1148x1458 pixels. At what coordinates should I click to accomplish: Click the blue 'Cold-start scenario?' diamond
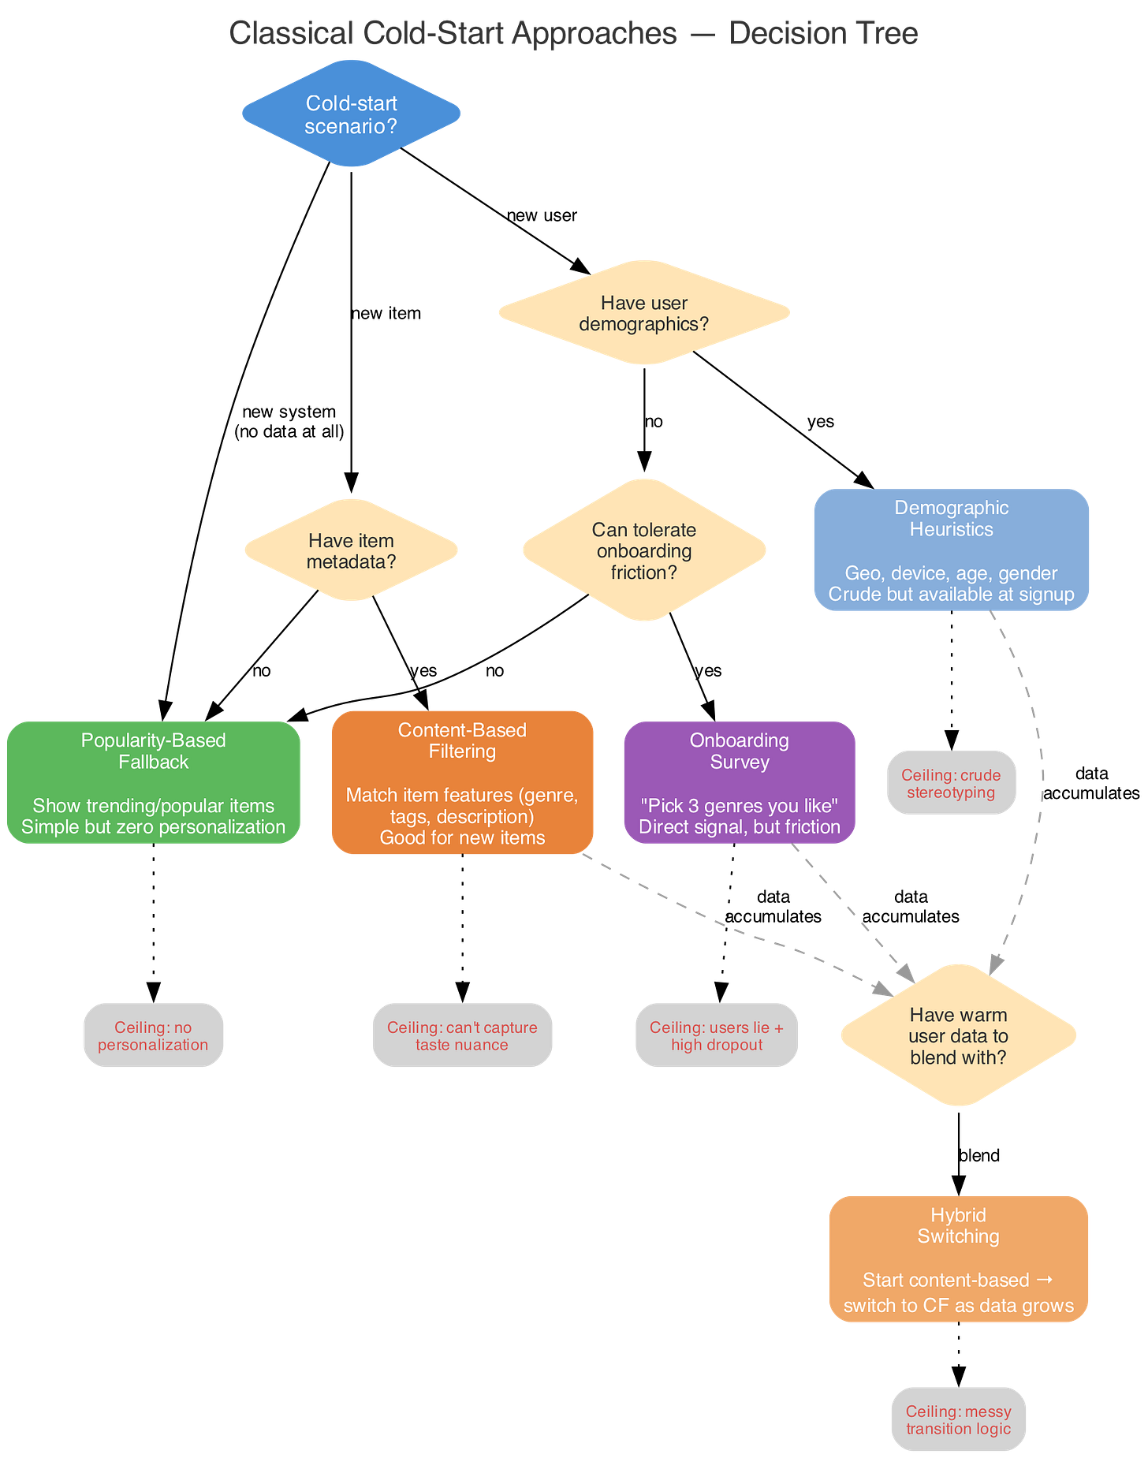pyautogui.click(x=351, y=114)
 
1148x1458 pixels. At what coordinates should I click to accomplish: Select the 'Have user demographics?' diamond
pyautogui.click(x=643, y=313)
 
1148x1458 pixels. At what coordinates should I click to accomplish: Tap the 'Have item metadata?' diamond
pyautogui.click(x=351, y=550)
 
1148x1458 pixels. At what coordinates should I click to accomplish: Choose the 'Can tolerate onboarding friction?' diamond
pyautogui.click(x=643, y=550)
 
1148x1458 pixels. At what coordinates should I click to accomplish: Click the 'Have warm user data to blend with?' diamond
pyautogui.click(x=958, y=1035)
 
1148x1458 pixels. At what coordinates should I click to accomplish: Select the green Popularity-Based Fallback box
pyautogui.click(x=153, y=782)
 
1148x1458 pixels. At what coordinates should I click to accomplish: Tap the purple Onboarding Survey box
pyautogui.click(x=739, y=782)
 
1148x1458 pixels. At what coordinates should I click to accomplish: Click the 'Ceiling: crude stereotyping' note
pyautogui.click(x=951, y=783)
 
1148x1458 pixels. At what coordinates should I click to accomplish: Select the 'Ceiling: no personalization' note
pyautogui.click(x=153, y=1035)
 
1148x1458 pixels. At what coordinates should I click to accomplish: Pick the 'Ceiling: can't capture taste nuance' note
pyautogui.click(x=462, y=1035)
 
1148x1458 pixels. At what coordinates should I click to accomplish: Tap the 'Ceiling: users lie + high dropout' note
pyautogui.click(x=716, y=1035)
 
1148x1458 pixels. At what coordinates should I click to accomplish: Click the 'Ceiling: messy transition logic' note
pyautogui.click(x=958, y=1419)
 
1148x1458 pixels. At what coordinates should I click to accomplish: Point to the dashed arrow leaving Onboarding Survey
pyautogui.click(x=852, y=911)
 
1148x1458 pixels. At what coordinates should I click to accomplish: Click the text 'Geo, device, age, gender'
pyautogui.click(x=951, y=573)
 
